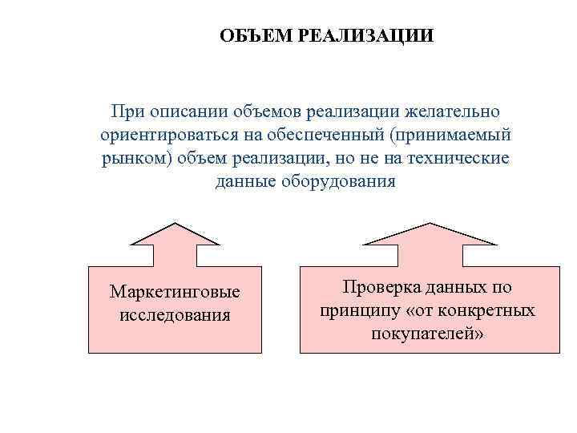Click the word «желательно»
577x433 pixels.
point(458,108)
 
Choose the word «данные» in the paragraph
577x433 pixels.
point(244,180)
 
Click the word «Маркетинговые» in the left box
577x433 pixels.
point(175,290)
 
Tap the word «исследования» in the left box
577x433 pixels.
point(175,314)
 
